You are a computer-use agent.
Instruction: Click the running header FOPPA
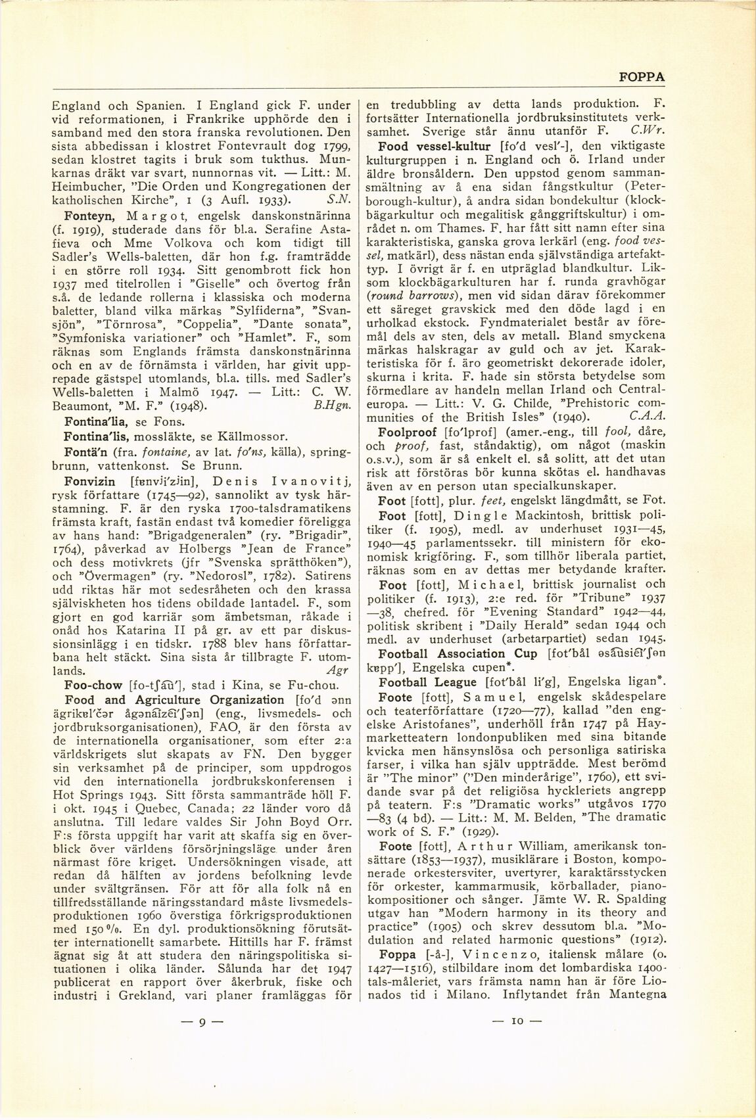click(642, 77)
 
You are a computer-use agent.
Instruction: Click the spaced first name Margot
click(154, 216)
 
